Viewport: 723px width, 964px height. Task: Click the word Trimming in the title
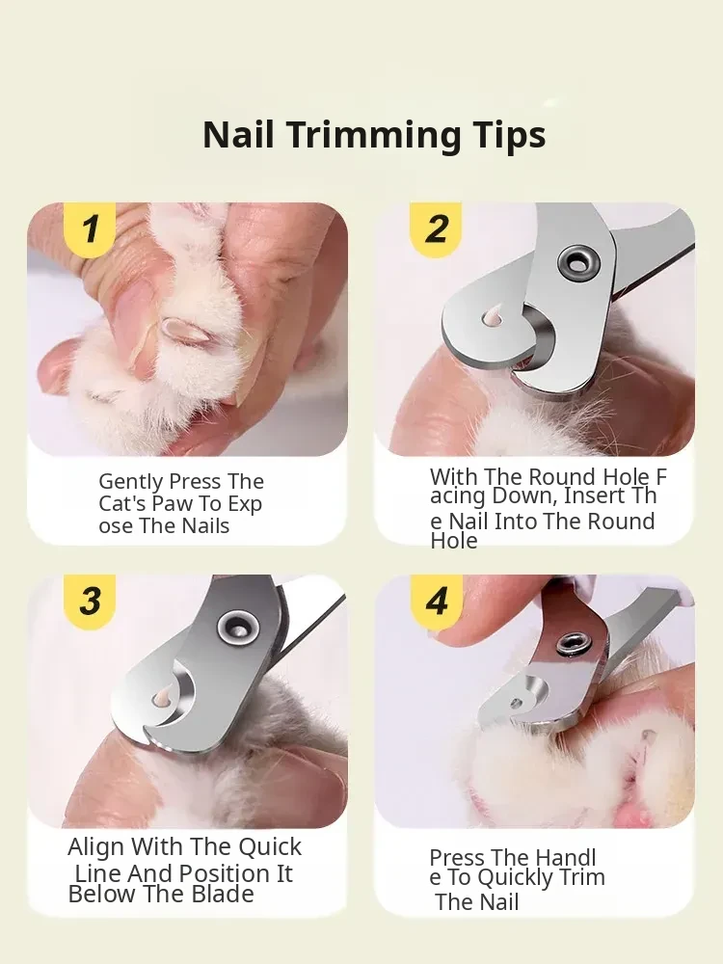(375, 136)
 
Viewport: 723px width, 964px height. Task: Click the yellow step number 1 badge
(91, 228)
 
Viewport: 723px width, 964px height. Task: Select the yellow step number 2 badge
(437, 228)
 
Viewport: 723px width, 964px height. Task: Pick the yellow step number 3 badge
(91, 601)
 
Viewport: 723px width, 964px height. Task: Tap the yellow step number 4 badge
(437, 601)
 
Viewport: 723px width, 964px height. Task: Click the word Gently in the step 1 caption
(130, 482)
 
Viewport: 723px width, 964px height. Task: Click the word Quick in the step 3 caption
(270, 847)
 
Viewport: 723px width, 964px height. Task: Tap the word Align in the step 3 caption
(95, 847)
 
